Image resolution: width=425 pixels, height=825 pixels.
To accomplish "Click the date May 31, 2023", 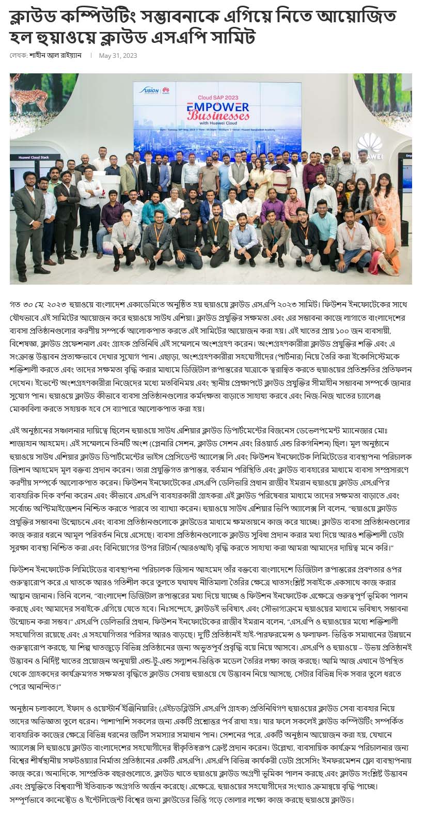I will coord(118,55).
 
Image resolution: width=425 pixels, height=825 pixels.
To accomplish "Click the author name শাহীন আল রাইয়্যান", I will coord(55,55).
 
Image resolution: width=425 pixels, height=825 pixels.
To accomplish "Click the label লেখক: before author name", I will coord(18,55).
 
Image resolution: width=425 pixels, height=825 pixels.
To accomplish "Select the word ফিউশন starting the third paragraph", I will coord(23,569).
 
